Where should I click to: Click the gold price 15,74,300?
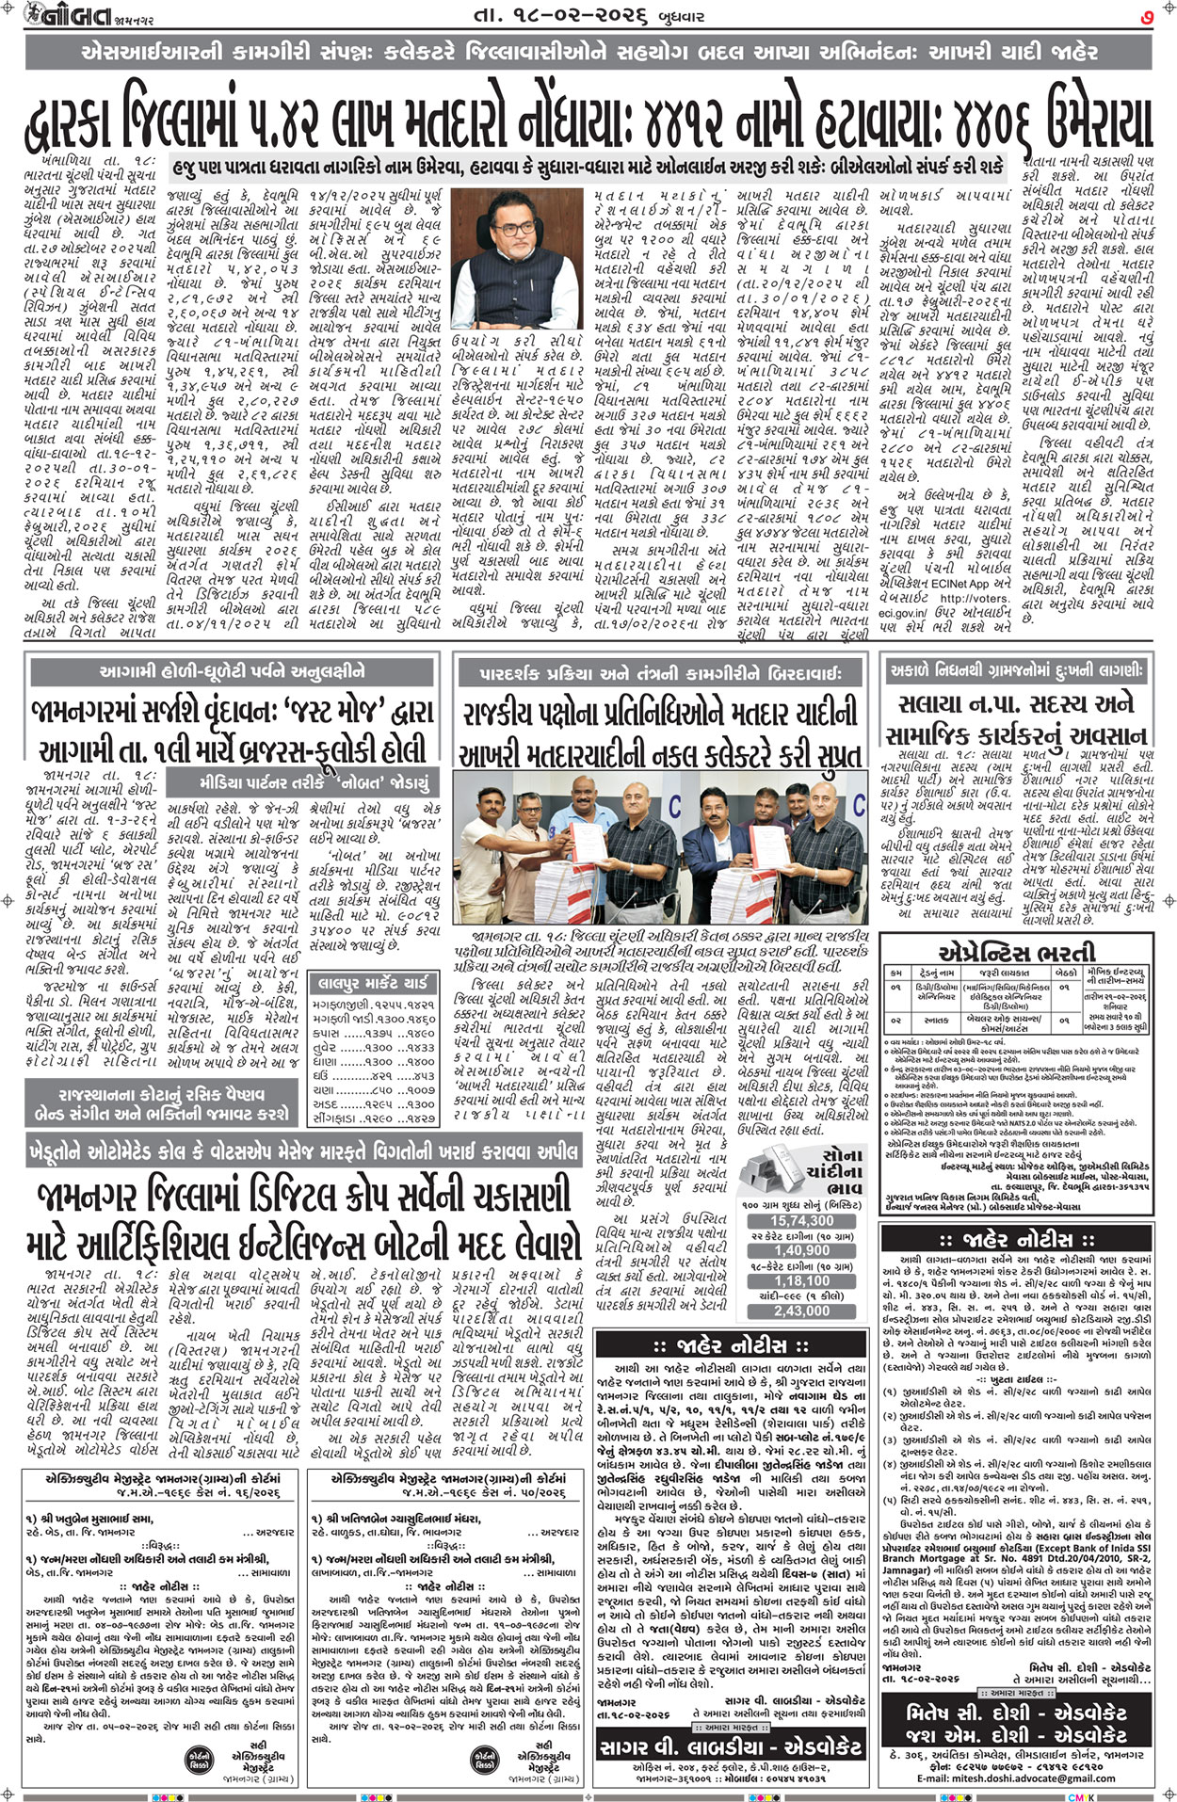802,1220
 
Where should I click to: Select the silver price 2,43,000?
802,1311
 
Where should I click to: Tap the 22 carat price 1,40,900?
802,1250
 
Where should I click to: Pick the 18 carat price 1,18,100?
802,1280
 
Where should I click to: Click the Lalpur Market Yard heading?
374,984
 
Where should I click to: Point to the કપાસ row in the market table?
374,1032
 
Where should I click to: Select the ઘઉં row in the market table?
374,1074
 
